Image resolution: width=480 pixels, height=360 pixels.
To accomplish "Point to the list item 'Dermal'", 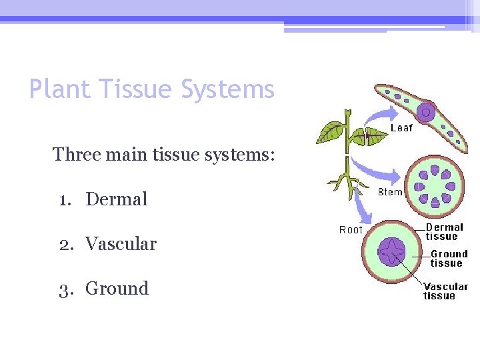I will point(117,199).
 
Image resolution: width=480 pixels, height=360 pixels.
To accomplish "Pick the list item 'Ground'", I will point(117,289).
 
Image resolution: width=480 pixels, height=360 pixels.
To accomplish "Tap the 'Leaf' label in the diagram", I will point(401,128).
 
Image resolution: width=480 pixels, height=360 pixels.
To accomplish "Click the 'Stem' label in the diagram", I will point(390,192).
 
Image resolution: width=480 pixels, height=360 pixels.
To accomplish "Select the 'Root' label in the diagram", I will point(351,230).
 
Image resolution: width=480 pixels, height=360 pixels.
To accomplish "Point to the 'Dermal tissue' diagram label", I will point(444,232).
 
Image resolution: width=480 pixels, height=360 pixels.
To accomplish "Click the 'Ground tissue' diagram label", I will point(449,258).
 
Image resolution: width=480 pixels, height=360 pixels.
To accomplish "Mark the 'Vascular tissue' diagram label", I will point(445,291).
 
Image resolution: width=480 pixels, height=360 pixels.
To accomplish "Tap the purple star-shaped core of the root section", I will point(391,253).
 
